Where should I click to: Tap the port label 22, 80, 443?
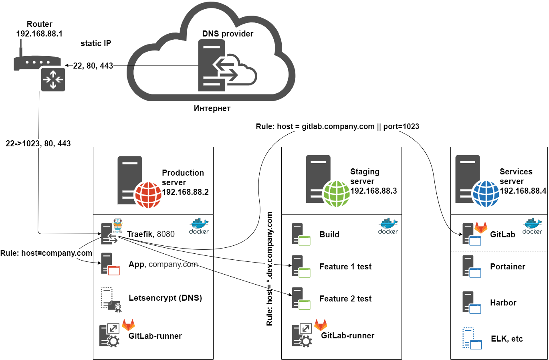tap(93, 66)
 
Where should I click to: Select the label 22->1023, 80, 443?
tap(38, 144)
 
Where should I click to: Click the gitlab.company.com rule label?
tap(337, 127)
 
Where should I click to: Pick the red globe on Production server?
tap(148, 195)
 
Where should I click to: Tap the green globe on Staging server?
tap(336, 194)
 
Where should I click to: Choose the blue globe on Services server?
tap(486, 194)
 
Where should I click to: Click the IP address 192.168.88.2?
tap(185, 192)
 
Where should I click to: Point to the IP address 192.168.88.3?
tap(373, 191)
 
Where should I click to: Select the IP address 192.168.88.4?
tap(523, 191)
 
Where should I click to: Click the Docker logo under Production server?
tap(199, 226)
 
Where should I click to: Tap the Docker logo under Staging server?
tap(388, 226)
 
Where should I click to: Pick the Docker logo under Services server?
tap(532, 226)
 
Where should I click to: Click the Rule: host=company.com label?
tap(46, 253)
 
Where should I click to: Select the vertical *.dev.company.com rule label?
tap(270, 269)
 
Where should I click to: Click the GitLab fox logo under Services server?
tap(481, 228)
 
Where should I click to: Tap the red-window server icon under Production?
tap(110, 264)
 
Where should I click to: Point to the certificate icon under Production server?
tap(111, 299)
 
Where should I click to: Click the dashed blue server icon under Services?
tap(472, 338)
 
